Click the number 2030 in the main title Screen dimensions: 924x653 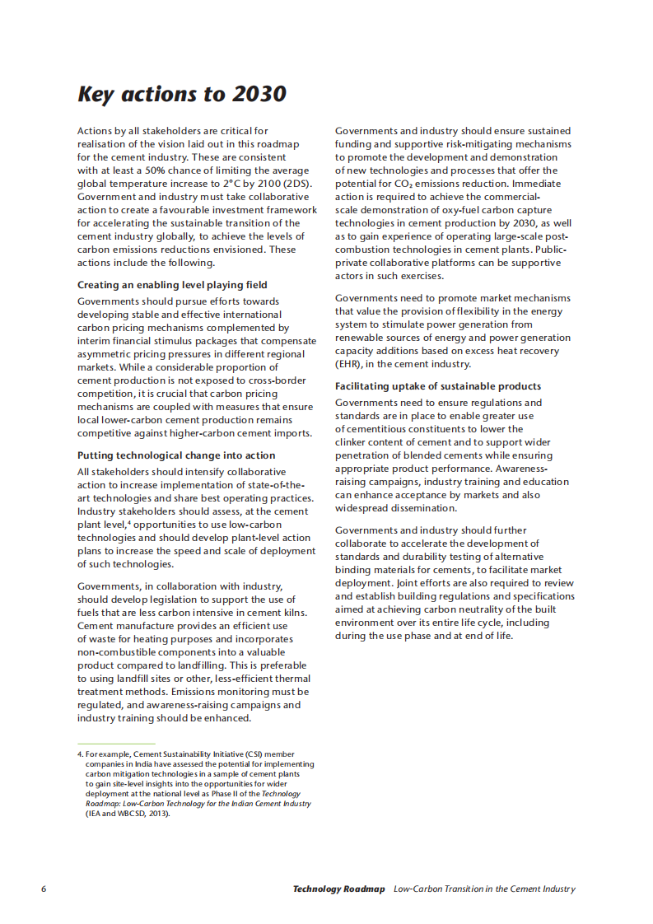[x=259, y=95]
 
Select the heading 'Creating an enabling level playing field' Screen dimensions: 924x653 [x=172, y=285]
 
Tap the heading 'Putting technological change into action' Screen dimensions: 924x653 [x=176, y=455]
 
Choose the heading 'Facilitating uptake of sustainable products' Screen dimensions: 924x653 [x=438, y=386]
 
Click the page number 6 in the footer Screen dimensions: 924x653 [x=44, y=889]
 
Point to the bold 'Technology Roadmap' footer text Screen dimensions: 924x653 [x=338, y=889]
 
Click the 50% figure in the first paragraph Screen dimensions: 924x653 [x=167, y=170]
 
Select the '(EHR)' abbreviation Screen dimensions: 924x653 [x=350, y=364]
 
